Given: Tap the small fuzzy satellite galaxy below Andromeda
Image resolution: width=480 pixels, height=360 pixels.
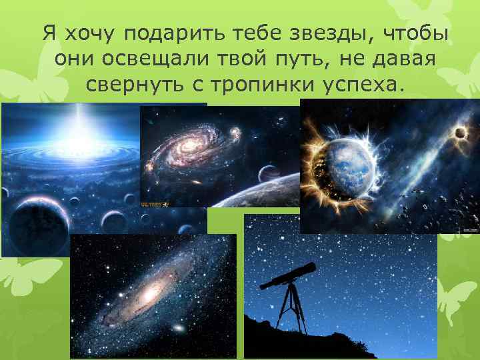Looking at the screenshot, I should (x=178, y=329).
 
